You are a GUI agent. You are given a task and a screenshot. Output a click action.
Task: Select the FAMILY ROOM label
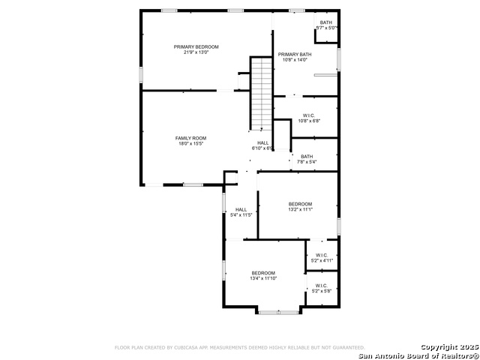pos(191,138)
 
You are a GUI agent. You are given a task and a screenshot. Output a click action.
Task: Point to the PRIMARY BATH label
pos(295,55)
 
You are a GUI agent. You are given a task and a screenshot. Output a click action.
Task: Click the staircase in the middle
pos(261,94)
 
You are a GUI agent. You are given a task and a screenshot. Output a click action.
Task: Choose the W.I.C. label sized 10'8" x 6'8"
pos(309,115)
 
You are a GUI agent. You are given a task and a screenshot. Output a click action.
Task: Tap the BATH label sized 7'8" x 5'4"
pos(307,156)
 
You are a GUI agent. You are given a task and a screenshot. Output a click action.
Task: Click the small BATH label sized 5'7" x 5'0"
pos(326,22)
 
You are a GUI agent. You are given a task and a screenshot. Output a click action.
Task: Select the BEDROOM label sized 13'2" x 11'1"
pos(301,204)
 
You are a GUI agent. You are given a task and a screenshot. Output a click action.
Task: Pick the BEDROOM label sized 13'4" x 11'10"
pos(263,273)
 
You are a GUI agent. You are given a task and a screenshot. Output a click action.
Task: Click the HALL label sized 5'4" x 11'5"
pos(241,209)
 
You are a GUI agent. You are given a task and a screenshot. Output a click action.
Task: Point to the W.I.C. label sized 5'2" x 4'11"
pos(321,256)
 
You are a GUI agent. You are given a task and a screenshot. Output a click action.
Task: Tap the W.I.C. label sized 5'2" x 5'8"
pos(321,286)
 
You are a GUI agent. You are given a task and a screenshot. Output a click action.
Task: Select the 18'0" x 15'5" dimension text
pos(191,144)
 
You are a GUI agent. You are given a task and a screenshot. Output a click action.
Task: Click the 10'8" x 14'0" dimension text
pos(295,60)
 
